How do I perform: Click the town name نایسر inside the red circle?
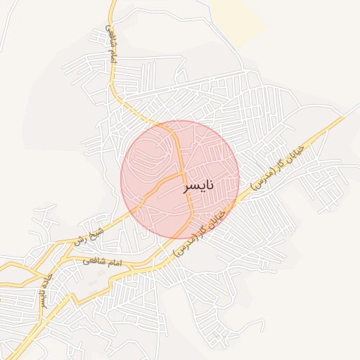point(198,186)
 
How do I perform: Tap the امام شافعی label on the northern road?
point(110,46)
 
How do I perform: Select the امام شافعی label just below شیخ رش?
point(102,262)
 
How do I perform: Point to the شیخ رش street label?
point(91,233)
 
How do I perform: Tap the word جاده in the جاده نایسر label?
point(47,278)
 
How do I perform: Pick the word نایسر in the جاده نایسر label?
point(41,297)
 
